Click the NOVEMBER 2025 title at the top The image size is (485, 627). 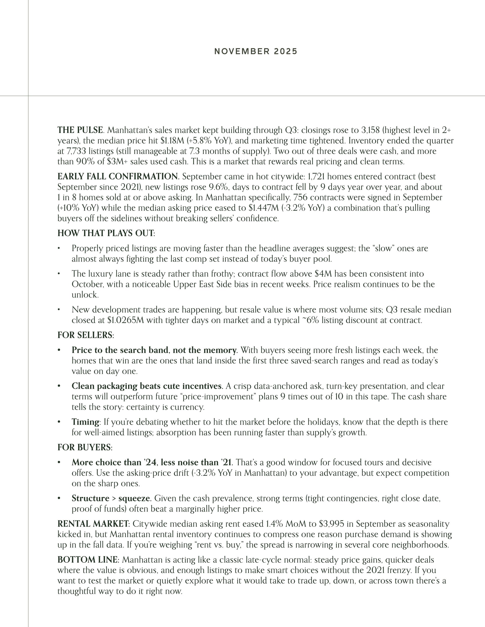[x=256, y=51]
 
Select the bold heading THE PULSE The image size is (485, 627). [x=80, y=130]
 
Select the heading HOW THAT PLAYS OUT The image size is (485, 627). [x=106, y=233]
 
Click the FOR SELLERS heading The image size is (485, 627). [x=85, y=335]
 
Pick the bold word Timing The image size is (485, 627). [x=85, y=422]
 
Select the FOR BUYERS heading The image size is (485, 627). [x=84, y=447]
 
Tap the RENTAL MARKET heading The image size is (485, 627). [x=93, y=524]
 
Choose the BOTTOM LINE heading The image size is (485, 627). [x=87, y=560]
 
